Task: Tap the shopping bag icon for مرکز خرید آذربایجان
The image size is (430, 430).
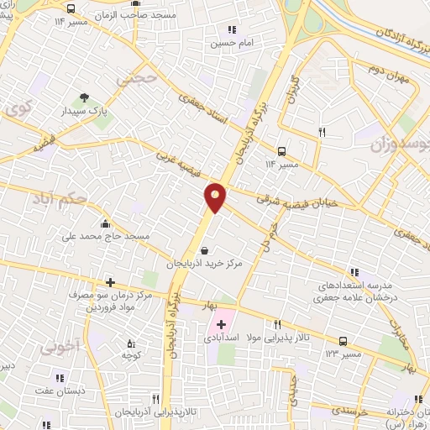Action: click(x=205, y=249)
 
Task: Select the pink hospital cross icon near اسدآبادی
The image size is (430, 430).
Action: click(x=222, y=324)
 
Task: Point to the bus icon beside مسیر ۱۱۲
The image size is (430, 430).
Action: click(x=281, y=152)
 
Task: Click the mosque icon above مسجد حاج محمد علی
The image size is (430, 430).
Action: click(x=105, y=223)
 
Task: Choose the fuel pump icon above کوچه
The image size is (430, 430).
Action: click(x=130, y=343)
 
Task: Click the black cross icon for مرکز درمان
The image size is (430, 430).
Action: click(x=108, y=282)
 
